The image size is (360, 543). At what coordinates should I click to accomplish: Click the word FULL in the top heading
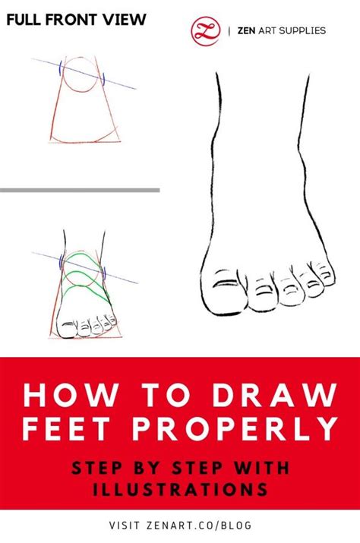[27, 21]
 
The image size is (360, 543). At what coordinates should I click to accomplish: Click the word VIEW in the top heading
[125, 21]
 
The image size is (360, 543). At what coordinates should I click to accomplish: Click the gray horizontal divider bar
[80, 190]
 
